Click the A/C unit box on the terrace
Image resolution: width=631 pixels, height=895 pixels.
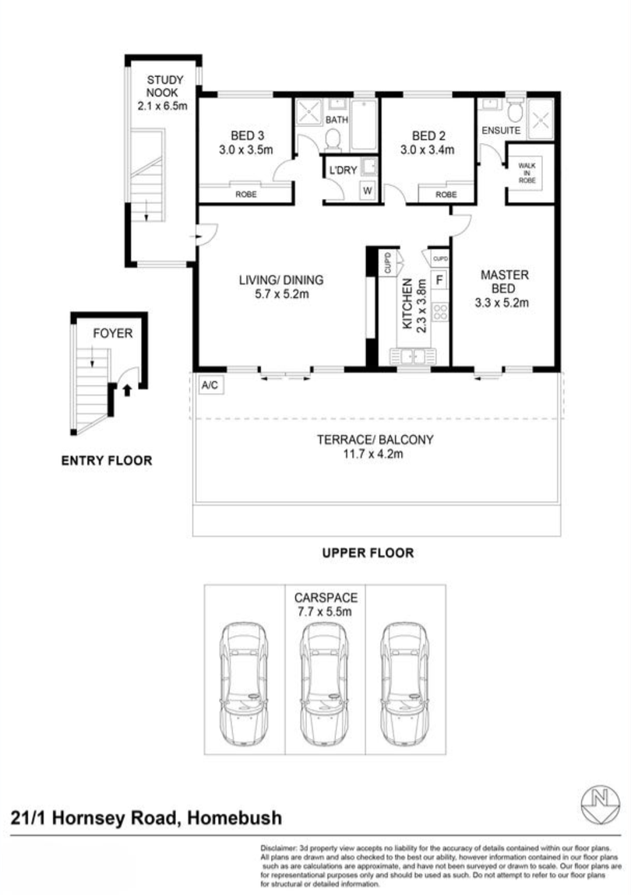[x=210, y=384]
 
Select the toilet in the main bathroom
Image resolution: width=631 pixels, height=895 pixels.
[x=333, y=139]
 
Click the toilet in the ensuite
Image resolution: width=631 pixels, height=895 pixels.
[x=514, y=109]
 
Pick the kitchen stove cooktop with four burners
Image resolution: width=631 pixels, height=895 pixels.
[x=440, y=312]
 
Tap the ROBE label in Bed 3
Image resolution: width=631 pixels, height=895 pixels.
[x=245, y=195]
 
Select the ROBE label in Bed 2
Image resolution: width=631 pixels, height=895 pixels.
[x=446, y=195]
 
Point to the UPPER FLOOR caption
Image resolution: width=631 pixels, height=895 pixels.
[x=368, y=553]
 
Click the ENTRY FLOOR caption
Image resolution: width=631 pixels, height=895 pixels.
[x=107, y=461]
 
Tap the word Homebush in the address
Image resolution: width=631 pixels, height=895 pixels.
[x=232, y=818]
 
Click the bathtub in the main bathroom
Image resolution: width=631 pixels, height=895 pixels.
[x=364, y=125]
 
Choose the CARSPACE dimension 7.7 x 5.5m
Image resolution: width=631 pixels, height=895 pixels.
[x=325, y=612]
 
